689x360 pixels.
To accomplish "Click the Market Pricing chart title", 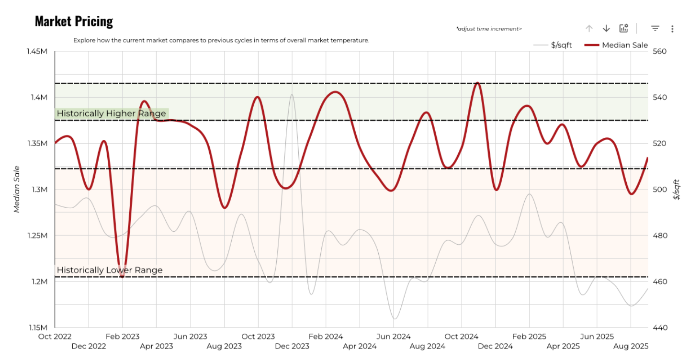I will tap(74, 22).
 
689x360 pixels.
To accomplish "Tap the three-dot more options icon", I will tap(672, 29).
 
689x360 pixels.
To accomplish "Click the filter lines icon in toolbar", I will tap(655, 29).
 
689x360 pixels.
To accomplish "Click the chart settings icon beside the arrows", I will tap(623, 29).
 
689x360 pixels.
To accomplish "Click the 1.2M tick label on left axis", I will tap(39, 281).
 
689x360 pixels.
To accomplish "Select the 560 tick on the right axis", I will tap(659, 51).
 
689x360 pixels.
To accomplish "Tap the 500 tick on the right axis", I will tap(659, 190).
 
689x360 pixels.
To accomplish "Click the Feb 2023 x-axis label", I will tap(123, 337).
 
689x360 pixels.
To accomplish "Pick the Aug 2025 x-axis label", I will tap(631, 346).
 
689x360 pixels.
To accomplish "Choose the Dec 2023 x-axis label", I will tap(292, 346).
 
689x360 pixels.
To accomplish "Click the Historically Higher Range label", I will tap(111, 113).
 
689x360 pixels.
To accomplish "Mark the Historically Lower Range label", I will tap(110, 270).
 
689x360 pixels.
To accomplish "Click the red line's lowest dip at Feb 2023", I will tap(123, 276).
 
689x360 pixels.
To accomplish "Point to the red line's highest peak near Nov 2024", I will tap(477, 83).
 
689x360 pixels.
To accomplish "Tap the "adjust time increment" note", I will tap(489, 29).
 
